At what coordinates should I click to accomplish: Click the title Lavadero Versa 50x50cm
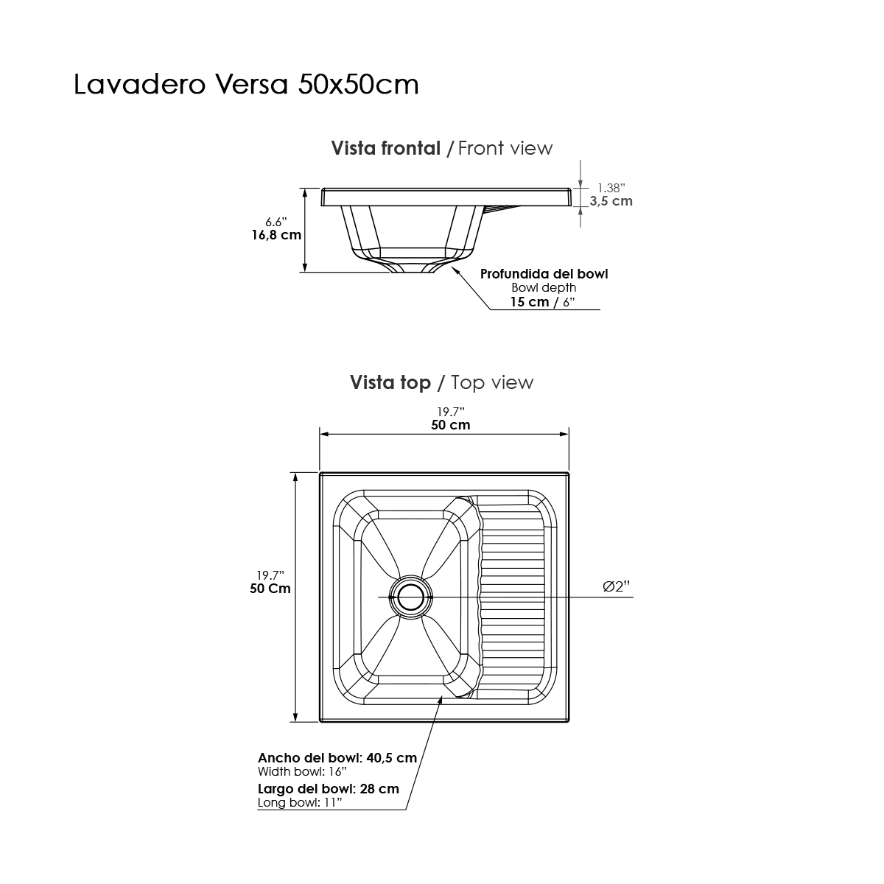point(246,85)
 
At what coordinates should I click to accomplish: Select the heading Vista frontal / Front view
point(442,148)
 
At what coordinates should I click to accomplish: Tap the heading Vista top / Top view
point(442,382)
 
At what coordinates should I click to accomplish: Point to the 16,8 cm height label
point(276,235)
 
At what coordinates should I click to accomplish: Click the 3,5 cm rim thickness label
point(611,201)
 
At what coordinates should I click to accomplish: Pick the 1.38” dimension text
point(611,188)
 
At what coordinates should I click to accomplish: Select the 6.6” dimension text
point(276,222)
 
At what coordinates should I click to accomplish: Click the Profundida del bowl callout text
point(544,274)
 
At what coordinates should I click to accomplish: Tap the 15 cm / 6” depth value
point(543,302)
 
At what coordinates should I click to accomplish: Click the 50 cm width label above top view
point(451,425)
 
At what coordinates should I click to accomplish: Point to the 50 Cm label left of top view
point(270,589)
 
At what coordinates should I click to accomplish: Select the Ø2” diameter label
point(616,586)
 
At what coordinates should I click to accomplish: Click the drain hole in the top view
point(410,597)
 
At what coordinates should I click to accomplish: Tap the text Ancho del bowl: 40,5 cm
point(337,757)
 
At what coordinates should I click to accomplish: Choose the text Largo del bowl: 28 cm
point(329,788)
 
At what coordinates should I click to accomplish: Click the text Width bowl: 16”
point(302,771)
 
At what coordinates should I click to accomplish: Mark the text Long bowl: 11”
point(300,802)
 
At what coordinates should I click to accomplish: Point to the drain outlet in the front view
point(413,268)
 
